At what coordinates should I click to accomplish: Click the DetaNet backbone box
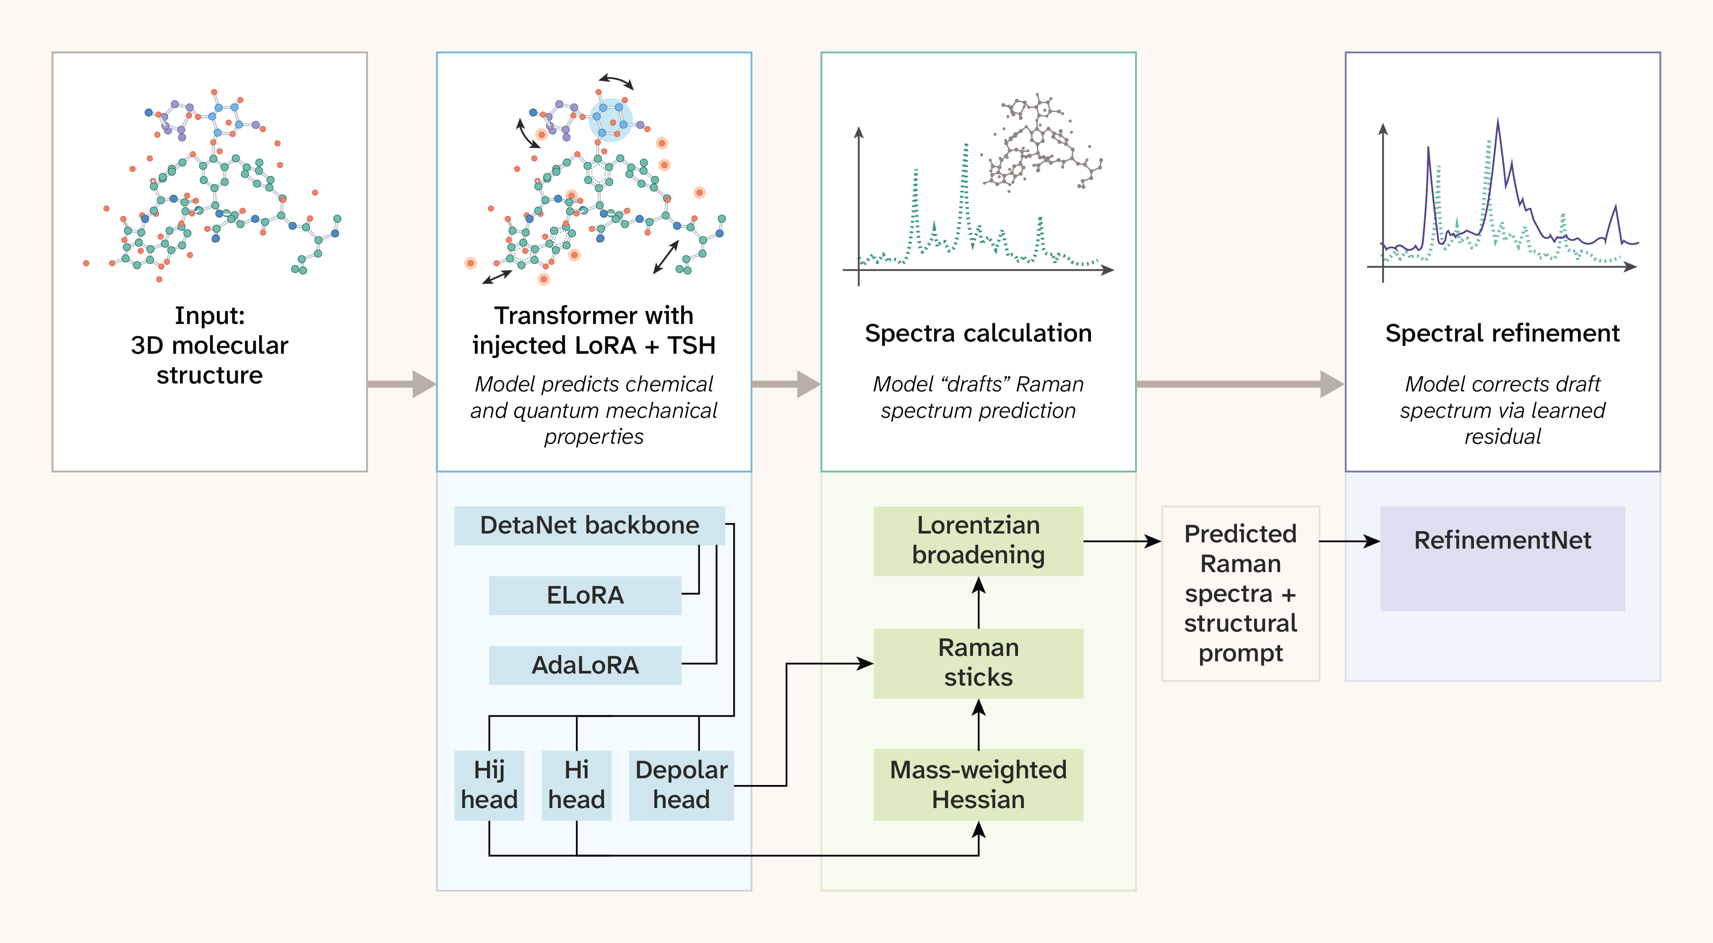click(589, 526)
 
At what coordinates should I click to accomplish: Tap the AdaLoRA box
click(585, 665)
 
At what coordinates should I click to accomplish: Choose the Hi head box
click(577, 785)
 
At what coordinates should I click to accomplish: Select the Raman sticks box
click(978, 663)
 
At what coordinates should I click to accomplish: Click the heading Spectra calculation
click(978, 333)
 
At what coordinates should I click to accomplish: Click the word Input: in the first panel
click(209, 316)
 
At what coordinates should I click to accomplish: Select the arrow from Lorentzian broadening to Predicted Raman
click(1122, 541)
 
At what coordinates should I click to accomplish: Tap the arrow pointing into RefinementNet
click(1350, 541)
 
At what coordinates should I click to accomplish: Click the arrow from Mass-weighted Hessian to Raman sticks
click(978, 724)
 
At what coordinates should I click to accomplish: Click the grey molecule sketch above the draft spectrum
click(1042, 143)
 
